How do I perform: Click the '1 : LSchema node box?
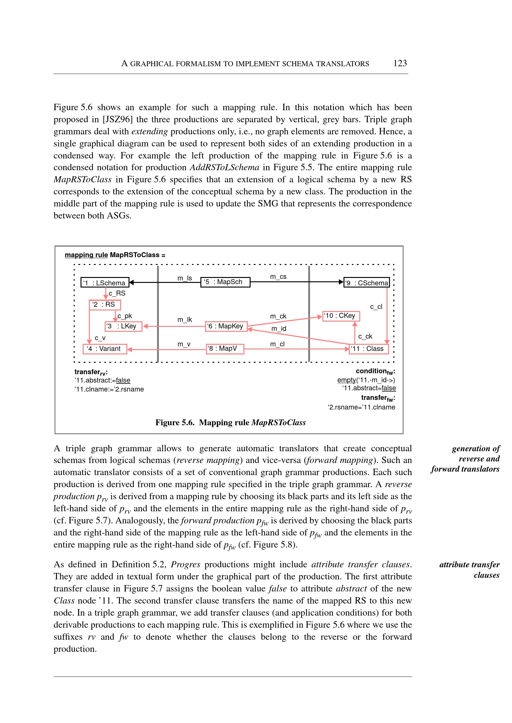pyautogui.click(x=105, y=283)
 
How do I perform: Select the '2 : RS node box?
pyautogui.click(x=105, y=305)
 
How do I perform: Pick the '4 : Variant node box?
pyautogui.click(x=105, y=349)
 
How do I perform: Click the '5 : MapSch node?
pyautogui.click(x=225, y=282)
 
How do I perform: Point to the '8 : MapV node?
pyautogui.click(x=225, y=349)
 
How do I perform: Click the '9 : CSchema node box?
pyautogui.click(x=366, y=283)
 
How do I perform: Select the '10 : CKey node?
pyautogui.click(x=341, y=316)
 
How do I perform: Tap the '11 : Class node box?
pyautogui.click(x=369, y=349)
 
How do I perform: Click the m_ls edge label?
pyautogui.click(x=184, y=278)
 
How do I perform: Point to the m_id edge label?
pyautogui.click(x=279, y=329)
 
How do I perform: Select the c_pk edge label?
pyautogui.click(x=125, y=316)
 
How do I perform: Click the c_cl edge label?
pyautogui.click(x=376, y=306)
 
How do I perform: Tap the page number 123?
pyautogui.click(x=400, y=63)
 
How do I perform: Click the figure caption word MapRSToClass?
pyautogui.click(x=278, y=422)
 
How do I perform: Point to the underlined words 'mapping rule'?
pyautogui.click(x=86, y=255)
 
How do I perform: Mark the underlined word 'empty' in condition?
pyautogui.click(x=346, y=380)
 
